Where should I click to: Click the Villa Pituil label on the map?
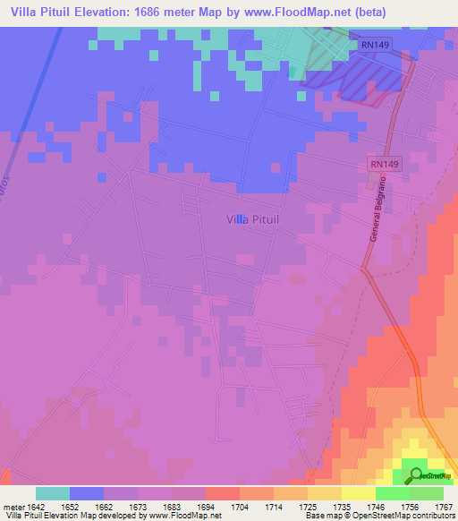(x=254, y=218)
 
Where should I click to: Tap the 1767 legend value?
(x=441, y=506)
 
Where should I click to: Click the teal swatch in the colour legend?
(x=53, y=493)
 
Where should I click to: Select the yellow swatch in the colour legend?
(x=359, y=493)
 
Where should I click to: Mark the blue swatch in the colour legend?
(x=87, y=493)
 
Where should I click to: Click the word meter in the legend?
(x=13, y=506)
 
